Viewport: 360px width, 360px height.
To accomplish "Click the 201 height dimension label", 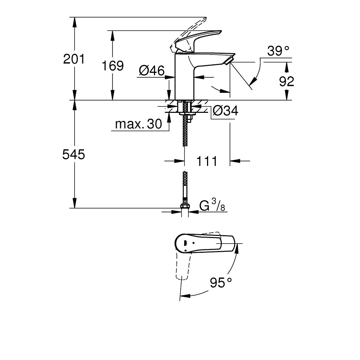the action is click(x=74, y=59).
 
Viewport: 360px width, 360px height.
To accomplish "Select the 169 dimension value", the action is click(x=112, y=66).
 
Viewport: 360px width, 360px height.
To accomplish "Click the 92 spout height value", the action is click(x=287, y=81).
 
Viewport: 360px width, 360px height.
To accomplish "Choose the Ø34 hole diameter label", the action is click(x=225, y=111).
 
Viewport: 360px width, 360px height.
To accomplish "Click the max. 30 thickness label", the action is click(x=139, y=124).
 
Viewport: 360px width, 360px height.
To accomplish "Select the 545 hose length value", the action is click(x=73, y=154).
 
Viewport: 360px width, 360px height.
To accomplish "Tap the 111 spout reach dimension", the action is click(x=207, y=161).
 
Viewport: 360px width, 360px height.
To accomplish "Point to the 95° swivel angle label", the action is click(x=221, y=282).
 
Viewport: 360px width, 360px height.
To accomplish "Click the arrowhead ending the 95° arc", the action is click(x=185, y=296).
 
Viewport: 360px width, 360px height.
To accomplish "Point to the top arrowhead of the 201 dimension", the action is click(x=74, y=22).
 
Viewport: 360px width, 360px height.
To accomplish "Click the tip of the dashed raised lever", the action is click(x=206, y=18).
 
